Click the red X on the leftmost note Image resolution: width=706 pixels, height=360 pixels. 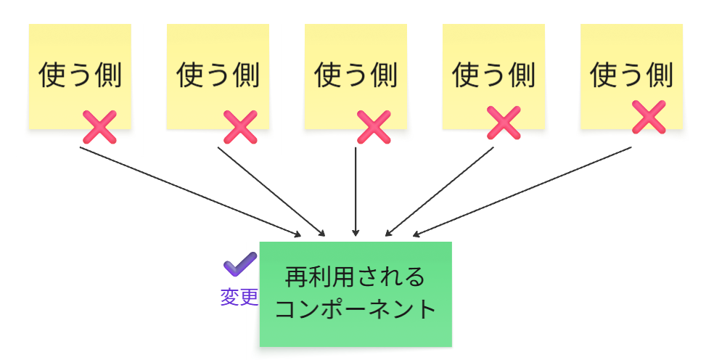tap(99, 127)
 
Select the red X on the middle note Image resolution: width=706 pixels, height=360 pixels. tap(374, 127)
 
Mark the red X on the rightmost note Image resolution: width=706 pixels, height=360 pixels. tap(649, 117)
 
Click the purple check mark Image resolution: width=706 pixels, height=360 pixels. tap(239, 265)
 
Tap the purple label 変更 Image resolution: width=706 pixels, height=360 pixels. tap(239, 298)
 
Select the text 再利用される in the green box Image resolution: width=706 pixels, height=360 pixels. tap(355, 277)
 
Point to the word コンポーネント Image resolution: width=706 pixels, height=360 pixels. tap(356, 309)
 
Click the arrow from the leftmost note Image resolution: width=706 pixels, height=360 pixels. tap(189, 191)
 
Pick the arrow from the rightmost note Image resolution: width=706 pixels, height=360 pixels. tap(522, 192)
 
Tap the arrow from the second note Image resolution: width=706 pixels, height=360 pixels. tap(271, 191)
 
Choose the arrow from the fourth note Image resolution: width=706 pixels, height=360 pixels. tap(440, 192)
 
